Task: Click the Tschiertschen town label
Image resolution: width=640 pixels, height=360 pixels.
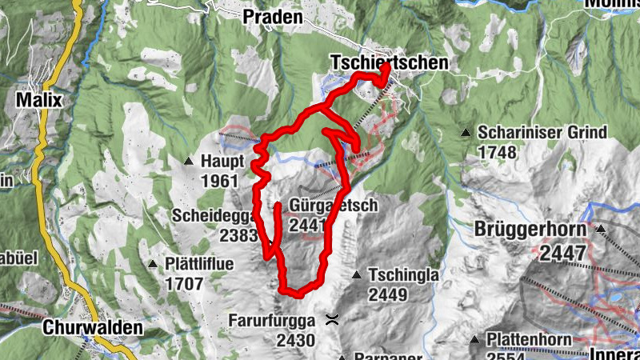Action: (388, 62)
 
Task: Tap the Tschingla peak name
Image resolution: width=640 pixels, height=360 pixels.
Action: (403, 275)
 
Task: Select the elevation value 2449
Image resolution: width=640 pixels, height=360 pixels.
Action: (389, 294)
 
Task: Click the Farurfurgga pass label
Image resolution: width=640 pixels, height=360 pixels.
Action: (274, 321)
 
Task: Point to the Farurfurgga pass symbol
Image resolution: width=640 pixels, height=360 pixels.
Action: (332, 320)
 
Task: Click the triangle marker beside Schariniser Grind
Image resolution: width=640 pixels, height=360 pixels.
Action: (466, 132)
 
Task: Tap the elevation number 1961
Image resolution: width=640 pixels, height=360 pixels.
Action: (220, 181)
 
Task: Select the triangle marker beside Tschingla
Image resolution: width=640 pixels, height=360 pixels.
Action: (357, 275)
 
